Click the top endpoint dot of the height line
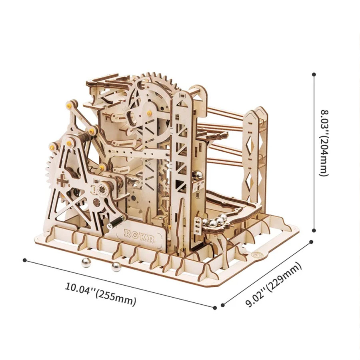[x=314, y=74]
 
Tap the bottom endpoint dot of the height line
[x=314, y=230]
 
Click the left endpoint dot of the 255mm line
[x=25, y=260]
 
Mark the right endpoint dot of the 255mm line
[x=215, y=308]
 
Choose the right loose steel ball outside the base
[x=117, y=267]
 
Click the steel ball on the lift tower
[x=198, y=176]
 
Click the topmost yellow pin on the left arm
[x=68, y=106]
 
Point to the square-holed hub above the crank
[x=102, y=189]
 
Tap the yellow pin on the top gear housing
[x=150, y=113]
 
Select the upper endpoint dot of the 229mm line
[x=311, y=242]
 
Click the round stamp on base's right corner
[x=255, y=254]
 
